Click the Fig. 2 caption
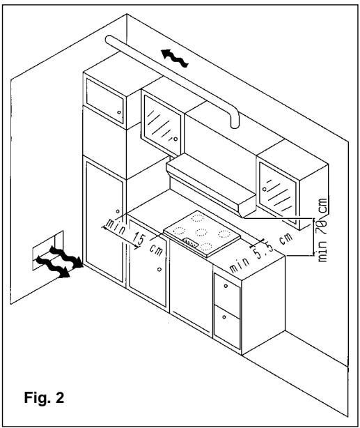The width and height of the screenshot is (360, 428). point(44,397)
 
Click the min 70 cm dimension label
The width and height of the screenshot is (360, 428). point(322,229)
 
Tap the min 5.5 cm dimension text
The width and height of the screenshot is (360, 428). point(260,253)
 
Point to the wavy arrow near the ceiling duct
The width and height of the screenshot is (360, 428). point(175,58)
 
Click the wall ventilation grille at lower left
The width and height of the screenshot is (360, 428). point(48,250)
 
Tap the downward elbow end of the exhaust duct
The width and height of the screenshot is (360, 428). point(235,120)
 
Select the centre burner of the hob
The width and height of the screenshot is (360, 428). point(201,232)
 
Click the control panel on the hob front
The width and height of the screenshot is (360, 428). point(191,243)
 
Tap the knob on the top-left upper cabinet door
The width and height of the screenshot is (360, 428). point(119,112)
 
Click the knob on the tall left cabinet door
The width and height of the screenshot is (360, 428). point(118,211)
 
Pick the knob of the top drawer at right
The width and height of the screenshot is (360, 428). point(226,286)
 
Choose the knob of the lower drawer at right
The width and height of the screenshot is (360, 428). point(224,317)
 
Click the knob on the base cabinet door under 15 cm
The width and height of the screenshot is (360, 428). point(159,269)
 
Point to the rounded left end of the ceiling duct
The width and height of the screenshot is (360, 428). point(109,40)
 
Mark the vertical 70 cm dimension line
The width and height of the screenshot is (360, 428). point(313,237)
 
